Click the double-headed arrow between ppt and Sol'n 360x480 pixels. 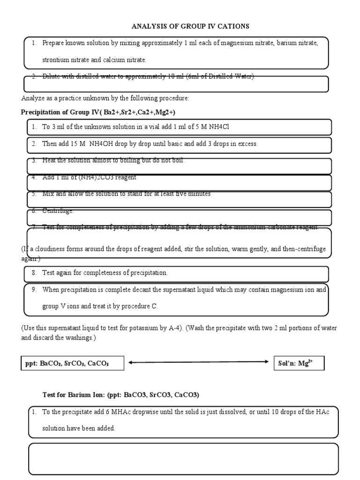coord(198,362)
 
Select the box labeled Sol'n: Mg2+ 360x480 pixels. coord(299,363)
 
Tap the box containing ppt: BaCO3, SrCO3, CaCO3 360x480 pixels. coord(73,364)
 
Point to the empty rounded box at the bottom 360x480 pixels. coord(183,459)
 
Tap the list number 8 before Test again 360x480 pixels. coord(34,272)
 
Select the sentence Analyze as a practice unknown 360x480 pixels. coord(105,98)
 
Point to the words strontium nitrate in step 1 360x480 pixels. coord(63,60)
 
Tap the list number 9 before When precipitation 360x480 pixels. coord(34,290)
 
